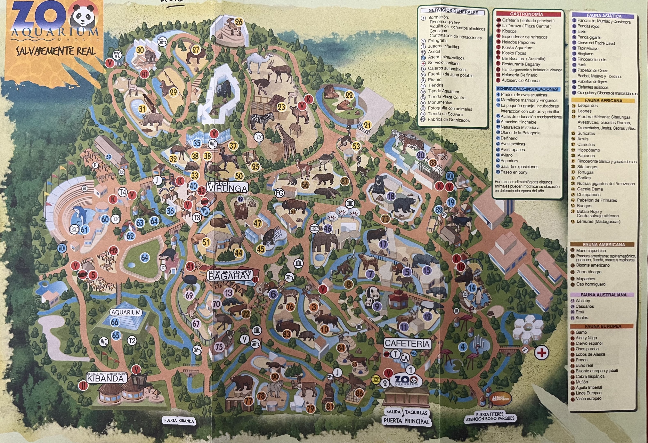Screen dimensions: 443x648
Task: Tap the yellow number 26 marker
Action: point(239,22)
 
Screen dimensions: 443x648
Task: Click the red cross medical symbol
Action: point(542,353)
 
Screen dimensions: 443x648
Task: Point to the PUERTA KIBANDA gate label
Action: point(179,421)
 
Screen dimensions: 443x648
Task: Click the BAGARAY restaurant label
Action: point(230,276)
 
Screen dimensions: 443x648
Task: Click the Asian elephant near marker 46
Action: point(325,241)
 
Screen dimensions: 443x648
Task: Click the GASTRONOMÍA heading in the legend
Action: point(526,14)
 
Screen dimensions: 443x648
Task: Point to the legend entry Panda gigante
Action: point(589,37)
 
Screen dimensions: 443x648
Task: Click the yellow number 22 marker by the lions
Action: point(349,95)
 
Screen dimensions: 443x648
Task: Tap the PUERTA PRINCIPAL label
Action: point(406,420)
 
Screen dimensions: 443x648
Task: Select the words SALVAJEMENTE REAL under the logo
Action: point(56,51)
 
